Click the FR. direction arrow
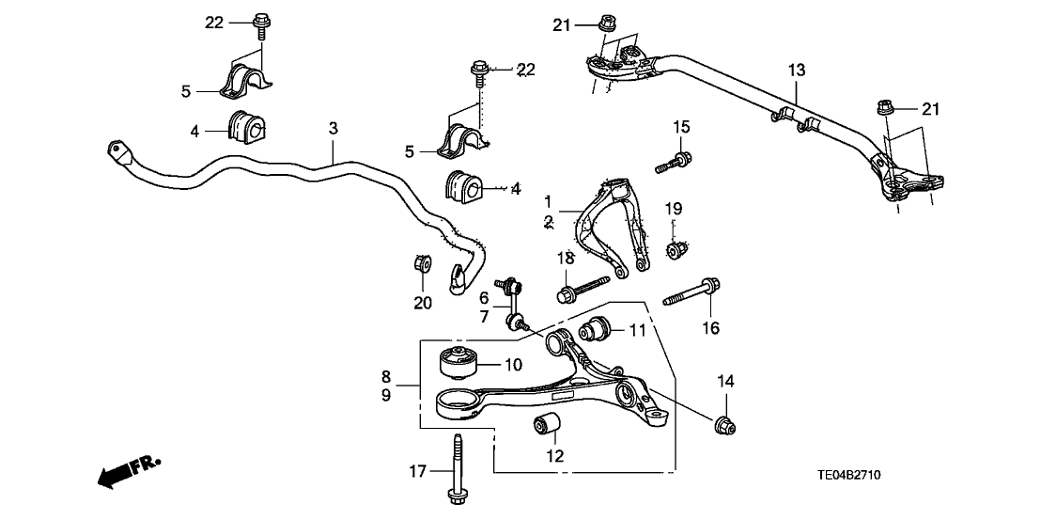pos(128,471)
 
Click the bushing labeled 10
pos(458,362)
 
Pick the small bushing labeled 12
pos(548,426)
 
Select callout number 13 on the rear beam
pos(796,70)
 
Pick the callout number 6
pos(484,298)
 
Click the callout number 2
pos(548,223)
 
